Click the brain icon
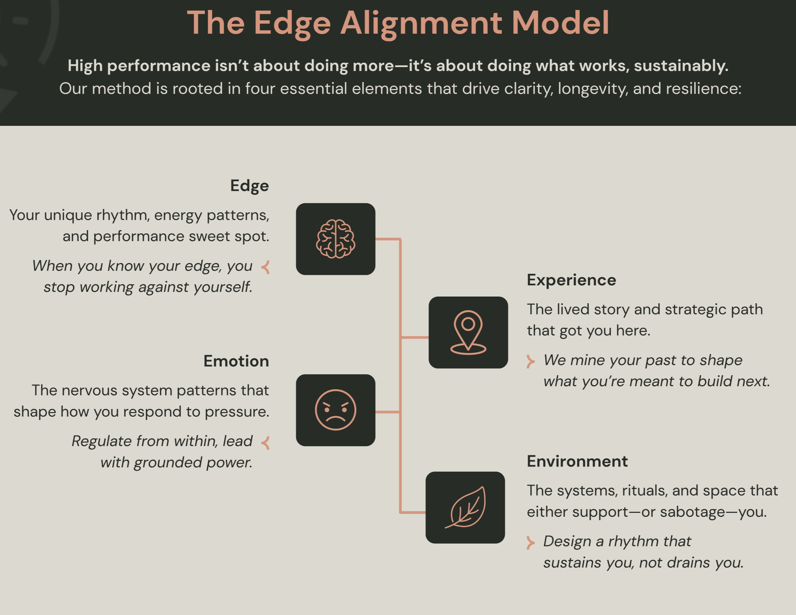(x=335, y=239)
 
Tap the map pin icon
(x=468, y=332)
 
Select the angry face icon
(x=335, y=410)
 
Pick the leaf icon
(x=465, y=507)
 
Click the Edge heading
(x=249, y=186)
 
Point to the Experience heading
(x=571, y=280)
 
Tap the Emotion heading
(x=236, y=361)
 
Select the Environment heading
(x=577, y=461)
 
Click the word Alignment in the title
(x=421, y=23)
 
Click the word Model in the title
(x=560, y=23)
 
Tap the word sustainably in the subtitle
(x=681, y=66)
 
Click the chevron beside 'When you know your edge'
(x=266, y=267)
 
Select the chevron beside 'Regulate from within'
(x=266, y=443)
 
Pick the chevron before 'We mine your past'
(x=530, y=361)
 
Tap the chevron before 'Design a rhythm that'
(x=530, y=542)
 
